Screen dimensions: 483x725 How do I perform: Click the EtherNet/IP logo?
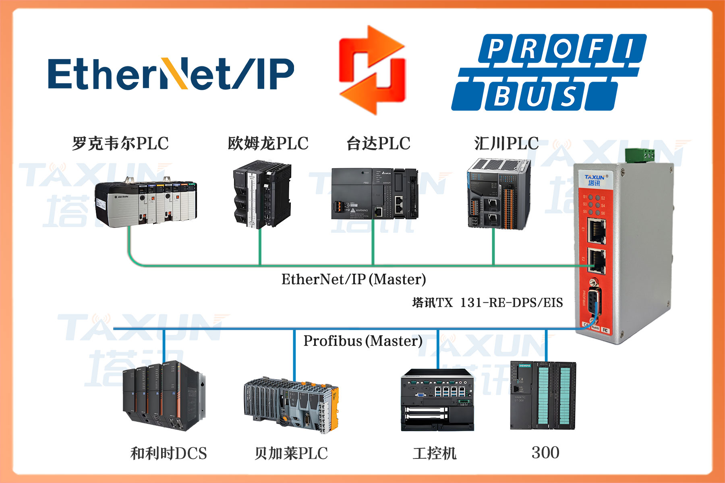171,74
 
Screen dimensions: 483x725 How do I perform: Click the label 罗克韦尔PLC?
120,144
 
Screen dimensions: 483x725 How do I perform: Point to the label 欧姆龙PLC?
268,144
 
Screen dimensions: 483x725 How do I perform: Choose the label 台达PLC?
378,144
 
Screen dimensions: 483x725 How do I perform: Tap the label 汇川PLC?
506,144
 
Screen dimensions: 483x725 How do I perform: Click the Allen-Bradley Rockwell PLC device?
146,201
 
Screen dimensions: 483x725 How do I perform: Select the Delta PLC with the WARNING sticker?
375,194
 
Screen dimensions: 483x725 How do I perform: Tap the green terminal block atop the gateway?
639,155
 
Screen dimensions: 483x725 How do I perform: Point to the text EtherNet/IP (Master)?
353,279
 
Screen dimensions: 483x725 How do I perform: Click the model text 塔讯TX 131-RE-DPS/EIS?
487,303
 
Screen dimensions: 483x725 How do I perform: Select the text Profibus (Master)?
362,341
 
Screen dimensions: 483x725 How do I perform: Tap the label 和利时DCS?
168,454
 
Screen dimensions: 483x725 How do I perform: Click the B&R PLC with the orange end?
291,405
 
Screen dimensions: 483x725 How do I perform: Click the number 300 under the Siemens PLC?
545,453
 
